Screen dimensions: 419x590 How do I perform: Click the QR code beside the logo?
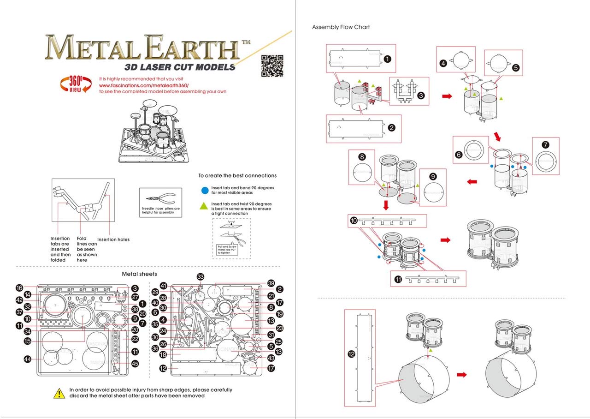[x=271, y=66]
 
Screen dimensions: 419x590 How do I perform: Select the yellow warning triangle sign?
[x=59, y=394]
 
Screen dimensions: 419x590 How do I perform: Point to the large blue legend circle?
[x=204, y=190]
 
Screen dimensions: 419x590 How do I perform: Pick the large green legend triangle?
[x=204, y=206]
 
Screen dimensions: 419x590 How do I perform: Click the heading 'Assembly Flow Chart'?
[x=341, y=27]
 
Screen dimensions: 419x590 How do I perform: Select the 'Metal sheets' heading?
[x=139, y=274]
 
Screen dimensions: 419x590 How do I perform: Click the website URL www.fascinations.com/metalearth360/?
[x=144, y=85]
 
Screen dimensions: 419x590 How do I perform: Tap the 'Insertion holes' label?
[x=113, y=239]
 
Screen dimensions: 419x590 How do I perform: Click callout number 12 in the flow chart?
[x=351, y=354]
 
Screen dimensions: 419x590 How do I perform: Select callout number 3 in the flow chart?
[x=420, y=96]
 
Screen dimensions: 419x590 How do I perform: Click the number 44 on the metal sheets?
[x=28, y=359]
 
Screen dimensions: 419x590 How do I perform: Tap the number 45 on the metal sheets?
[x=135, y=364]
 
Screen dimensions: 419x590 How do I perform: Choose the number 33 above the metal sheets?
[x=200, y=277]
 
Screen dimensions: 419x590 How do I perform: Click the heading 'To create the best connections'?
[x=237, y=175]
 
